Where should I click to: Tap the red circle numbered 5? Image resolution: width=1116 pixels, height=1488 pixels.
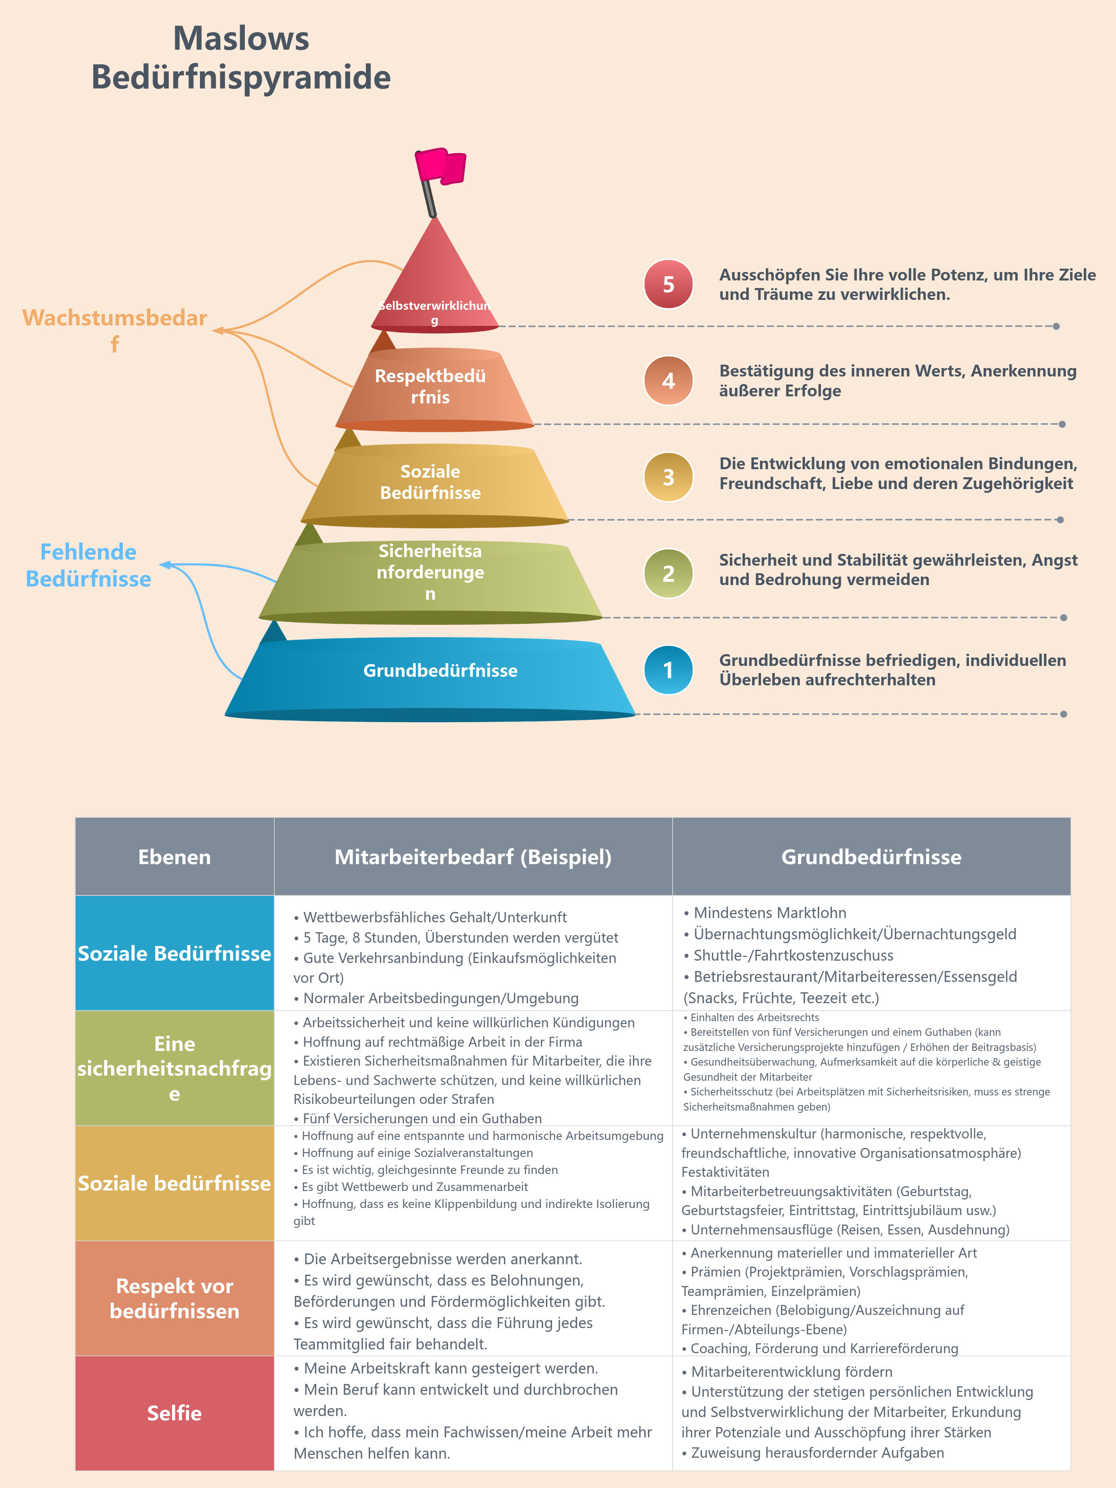click(668, 284)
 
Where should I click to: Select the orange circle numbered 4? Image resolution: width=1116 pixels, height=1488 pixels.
click(668, 381)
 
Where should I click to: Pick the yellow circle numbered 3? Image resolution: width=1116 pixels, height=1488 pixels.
click(668, 477)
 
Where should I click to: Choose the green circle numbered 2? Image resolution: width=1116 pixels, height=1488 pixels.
click(668, 573)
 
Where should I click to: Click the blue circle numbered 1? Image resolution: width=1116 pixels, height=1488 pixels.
click(668, 670)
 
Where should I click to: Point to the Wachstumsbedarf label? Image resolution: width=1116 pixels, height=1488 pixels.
click(115, 330)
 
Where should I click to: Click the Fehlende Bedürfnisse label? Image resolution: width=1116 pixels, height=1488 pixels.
click(88, 565)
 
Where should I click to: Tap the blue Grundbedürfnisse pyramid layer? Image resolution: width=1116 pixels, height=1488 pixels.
click(430, 679)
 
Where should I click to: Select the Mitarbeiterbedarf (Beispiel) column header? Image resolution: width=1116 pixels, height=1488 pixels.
click(473, 857)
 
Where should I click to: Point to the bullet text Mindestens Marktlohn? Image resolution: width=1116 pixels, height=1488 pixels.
click(765, 913)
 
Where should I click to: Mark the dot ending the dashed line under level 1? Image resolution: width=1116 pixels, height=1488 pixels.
click(1064, 714)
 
